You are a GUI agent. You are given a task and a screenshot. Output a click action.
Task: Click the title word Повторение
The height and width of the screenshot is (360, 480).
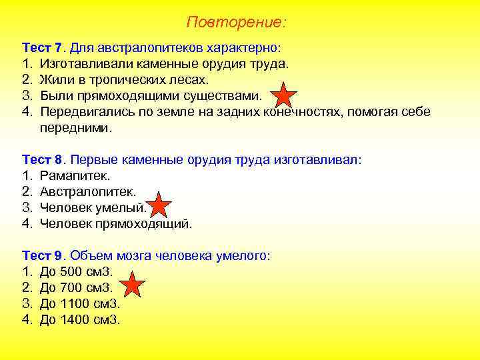(236, 23)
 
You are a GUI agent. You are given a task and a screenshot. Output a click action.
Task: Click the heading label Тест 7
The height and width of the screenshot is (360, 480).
(43, 49)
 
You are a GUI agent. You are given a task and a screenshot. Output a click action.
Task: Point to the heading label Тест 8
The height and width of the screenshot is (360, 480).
(43, 160)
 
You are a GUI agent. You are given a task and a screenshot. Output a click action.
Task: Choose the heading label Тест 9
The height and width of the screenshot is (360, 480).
(43, 255)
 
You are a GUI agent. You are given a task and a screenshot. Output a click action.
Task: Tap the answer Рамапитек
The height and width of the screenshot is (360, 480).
(75, 176)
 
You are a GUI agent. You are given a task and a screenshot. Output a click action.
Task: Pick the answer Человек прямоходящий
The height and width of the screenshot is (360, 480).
(115, 224)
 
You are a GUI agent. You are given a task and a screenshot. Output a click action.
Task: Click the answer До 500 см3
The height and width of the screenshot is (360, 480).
(76, 271)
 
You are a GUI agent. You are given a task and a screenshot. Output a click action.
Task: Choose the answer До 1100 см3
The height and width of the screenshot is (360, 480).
(79, 303)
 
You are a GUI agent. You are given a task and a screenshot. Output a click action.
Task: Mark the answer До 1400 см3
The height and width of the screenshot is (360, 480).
(79, 319)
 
